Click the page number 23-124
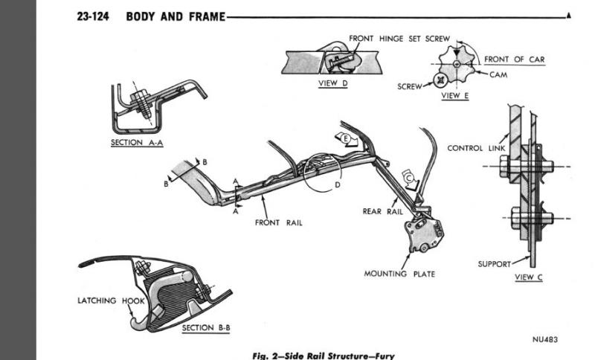(94, 16)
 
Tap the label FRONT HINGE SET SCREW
(399, 39)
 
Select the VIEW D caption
(332, 83)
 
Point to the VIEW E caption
(455, 95)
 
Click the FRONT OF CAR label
(515, 60)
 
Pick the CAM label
(498, 74)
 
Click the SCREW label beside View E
(410, 86)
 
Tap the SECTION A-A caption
(137, 143)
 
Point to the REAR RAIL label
(382, 211)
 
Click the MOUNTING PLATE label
(399, 274)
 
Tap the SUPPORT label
(494, 263)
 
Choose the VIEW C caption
(529, 277)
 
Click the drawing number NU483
(545, 340)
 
